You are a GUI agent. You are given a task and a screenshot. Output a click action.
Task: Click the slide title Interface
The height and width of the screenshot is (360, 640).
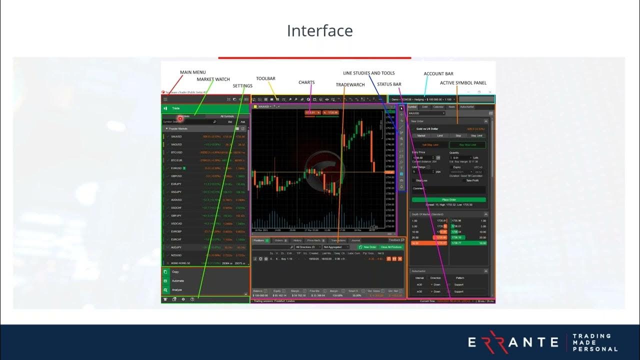click(x=319, y=31)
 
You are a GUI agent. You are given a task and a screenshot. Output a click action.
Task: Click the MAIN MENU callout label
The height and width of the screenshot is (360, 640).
click(x=192, y=72)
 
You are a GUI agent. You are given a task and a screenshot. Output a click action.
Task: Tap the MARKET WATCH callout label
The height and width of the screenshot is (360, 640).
click(x=213, y=79)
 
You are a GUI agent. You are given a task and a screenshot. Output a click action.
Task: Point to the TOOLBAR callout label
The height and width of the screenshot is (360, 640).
click(x=265, y=78)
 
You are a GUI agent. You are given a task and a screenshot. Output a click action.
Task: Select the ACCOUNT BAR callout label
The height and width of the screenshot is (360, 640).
click(x=438, y=74)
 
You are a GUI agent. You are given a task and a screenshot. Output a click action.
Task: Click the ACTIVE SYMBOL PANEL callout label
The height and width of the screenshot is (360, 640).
click(x=463, y=83)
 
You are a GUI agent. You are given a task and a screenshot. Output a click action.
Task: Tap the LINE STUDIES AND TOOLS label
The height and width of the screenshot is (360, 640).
click(x=368, y=73)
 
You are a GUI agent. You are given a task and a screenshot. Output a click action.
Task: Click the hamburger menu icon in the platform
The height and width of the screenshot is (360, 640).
click(x=165, y=99)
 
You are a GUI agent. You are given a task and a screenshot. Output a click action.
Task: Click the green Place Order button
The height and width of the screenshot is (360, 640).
click(x=449, y=199)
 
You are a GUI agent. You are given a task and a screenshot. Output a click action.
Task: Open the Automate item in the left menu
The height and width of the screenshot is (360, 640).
click(x=178, y=281)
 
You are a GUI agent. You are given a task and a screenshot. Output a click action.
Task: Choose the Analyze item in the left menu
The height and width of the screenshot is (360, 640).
click(x=177, y=290)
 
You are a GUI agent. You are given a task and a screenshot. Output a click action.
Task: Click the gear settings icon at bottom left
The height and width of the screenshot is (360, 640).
click(x=183, y=299)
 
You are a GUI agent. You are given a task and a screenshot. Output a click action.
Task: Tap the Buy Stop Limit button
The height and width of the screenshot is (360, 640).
click(x=467, y=145)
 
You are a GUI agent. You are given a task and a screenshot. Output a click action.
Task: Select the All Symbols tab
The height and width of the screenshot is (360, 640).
click(x=227, y=116)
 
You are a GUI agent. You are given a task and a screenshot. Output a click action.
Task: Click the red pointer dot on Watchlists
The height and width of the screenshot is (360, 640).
click(x=180, y=118)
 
